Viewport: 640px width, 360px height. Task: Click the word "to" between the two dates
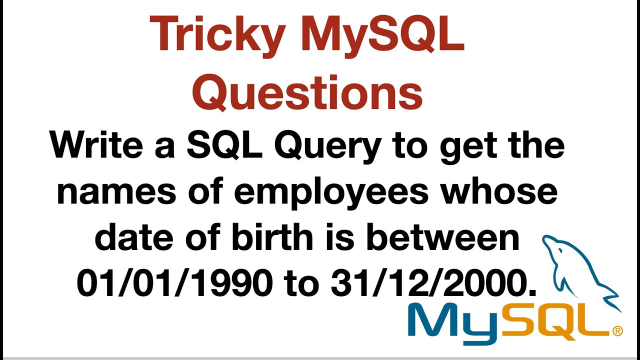(x=301, y=284)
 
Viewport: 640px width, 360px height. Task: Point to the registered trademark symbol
(x=617, y=330)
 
